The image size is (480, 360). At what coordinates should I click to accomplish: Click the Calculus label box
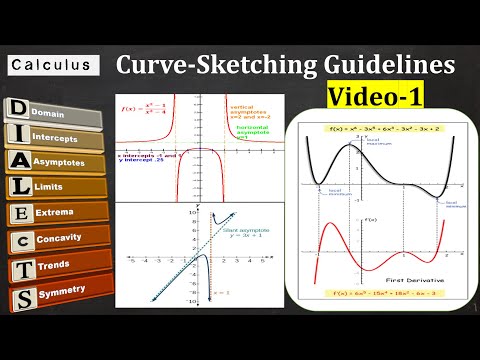point(51,65)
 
